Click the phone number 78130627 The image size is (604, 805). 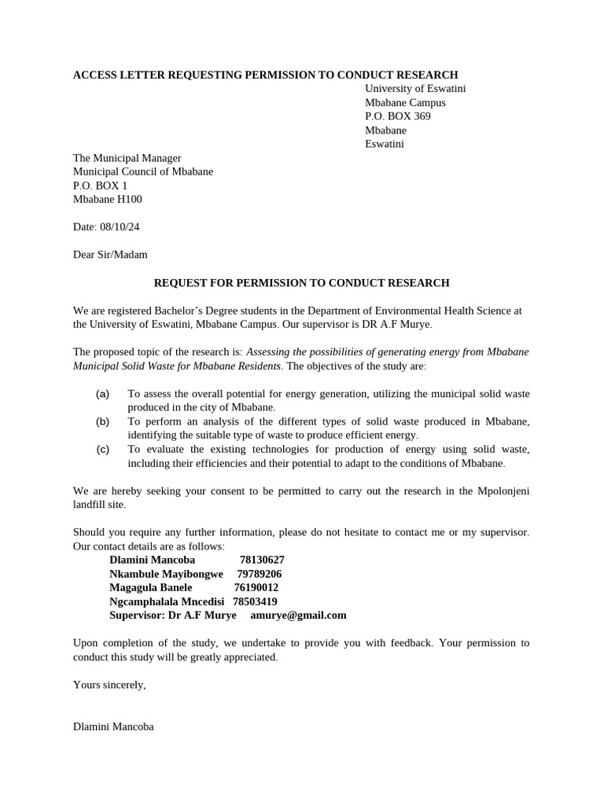click(262, 560)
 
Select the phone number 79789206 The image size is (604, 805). click(259, 574)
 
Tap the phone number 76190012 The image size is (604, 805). click(256, 587)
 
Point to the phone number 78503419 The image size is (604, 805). click(256, 601)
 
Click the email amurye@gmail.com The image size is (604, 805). click(298, 615)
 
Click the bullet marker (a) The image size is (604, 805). click(103, 393)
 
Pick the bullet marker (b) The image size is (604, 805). click(103, 421)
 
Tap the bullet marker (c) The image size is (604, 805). click(103, 449)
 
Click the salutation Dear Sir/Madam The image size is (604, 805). click(110, 254)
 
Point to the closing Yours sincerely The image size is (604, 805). click(109, 684)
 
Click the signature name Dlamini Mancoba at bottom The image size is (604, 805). click(113, 726)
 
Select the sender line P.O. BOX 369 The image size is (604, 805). click(397, 116)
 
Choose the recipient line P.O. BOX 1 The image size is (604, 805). click(100, 186)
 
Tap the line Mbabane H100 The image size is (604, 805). click(108, 199)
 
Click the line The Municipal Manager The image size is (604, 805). click(127, 158)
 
